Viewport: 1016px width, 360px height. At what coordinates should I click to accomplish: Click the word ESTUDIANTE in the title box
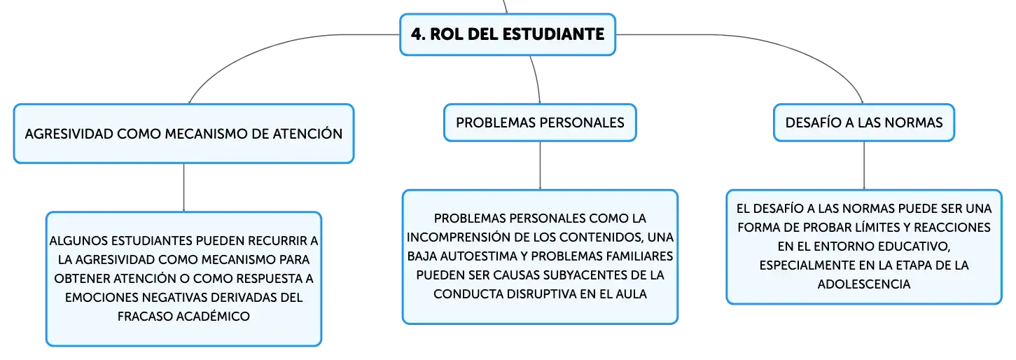click(553, 34)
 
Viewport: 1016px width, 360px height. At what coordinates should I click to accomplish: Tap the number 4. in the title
click(418, 34)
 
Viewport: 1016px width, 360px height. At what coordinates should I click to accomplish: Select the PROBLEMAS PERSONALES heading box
click(540, 123)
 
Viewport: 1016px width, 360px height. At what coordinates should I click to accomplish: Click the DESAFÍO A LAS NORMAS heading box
click(864, 123)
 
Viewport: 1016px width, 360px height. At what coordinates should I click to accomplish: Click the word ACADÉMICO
click(212, 316)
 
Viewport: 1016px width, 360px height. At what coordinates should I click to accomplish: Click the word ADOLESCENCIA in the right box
click(864, 284)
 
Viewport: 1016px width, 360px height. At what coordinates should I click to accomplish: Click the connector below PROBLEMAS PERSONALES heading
click(540, 165)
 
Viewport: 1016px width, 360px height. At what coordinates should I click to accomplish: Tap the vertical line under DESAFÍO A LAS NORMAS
click(864, 165)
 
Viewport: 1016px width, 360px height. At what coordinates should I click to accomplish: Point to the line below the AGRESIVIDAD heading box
click(183, 188)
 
